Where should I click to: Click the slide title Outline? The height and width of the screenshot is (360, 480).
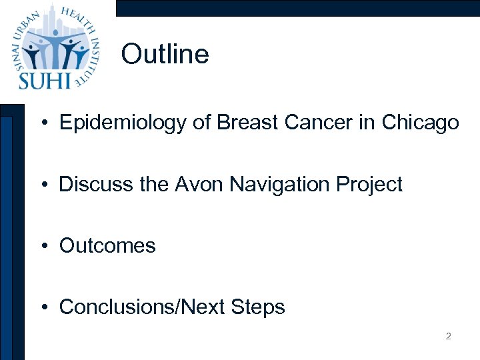(x=165, y=55)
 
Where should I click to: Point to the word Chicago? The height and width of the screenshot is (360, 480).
(x=420, y=123)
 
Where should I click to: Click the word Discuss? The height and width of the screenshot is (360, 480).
(x=87, y=184)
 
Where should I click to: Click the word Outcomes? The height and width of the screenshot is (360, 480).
(x=107, y=245)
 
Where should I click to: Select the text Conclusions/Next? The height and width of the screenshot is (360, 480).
(x=141, y=307)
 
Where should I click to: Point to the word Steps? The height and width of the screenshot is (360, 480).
(x=257, y=307)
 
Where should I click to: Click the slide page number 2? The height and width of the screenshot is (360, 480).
(x=448, y=337)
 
